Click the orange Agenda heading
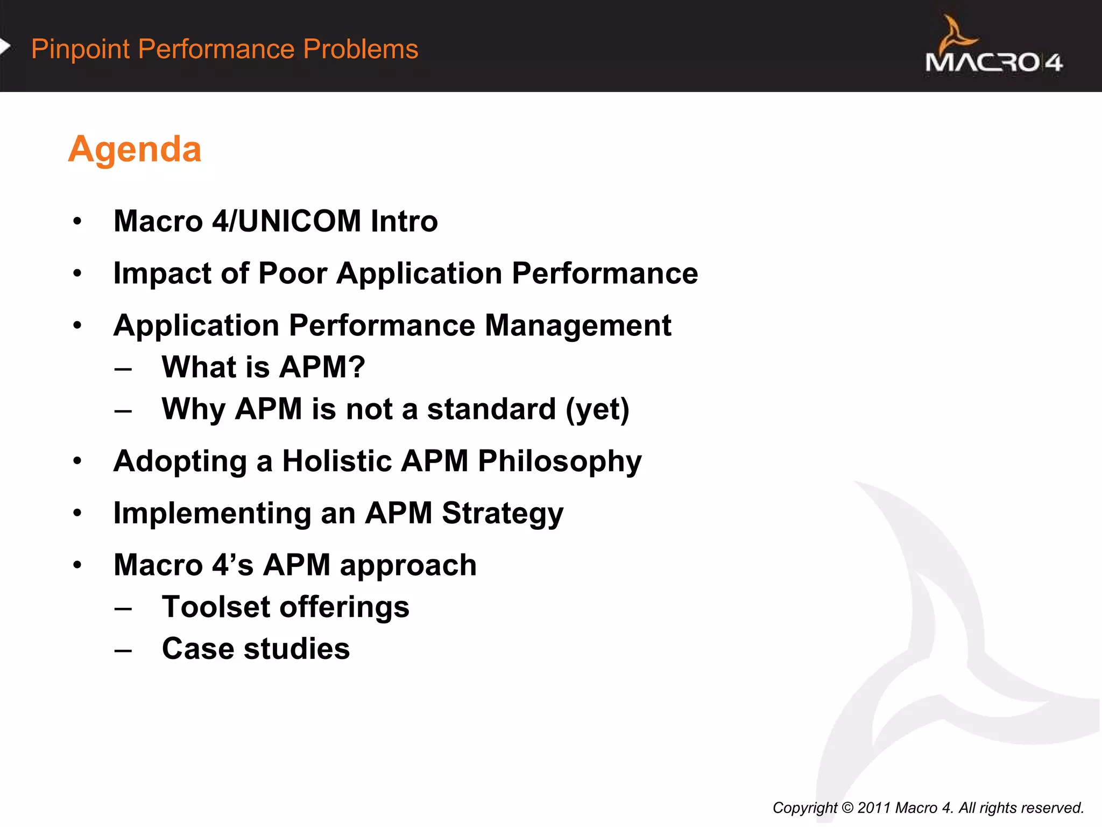pyautogui.click(x=135, y=149)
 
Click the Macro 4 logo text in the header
pyautogui.click(x=993, y=62)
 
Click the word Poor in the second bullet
pyautogui.click(x=292, y=274)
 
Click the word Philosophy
pyautogui.click(x=560, y=461)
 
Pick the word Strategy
pyautogui.click(x=503, y=513)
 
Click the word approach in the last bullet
pyautogui.click(x=408, y=565)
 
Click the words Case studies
pyautogui.click(x=256, y=649)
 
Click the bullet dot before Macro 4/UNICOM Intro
pyautogui.click(x=77, y=221)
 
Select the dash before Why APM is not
pyautogui.click(x=123, y=411)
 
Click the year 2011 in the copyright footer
pyautogui.click(x=874, y=808)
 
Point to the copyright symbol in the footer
pyautogui.click(x=847, y=808)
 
